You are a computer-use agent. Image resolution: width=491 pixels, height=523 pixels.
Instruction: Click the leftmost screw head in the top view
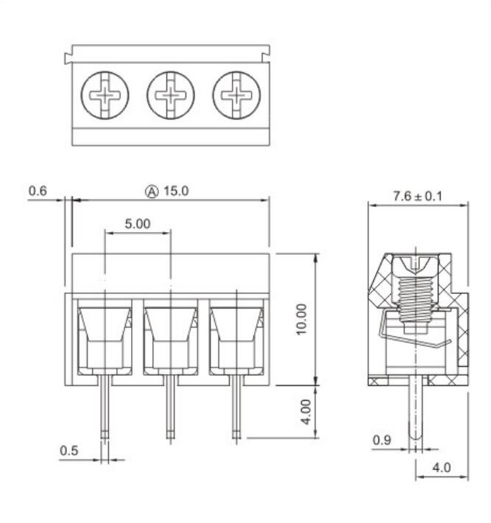click(105, 96)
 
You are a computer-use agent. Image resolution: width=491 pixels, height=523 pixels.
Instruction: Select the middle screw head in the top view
click(171, 96)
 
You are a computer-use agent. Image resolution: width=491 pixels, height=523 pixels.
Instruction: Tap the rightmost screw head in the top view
click(237, 96)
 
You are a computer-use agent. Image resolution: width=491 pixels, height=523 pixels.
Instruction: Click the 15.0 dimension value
click(176, 191)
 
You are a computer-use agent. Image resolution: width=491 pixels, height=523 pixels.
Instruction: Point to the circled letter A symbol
click(152, 192)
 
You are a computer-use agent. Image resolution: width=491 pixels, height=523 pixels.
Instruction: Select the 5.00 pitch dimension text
click(138, 223)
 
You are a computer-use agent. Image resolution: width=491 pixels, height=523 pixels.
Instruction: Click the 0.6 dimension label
click(38, 191)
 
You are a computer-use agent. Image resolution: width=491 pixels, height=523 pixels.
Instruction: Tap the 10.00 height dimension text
click(301, 319)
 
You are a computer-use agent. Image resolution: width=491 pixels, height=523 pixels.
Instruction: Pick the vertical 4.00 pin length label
click(306, 413)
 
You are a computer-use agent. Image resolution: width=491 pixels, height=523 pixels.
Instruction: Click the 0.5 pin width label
click(69, 451)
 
